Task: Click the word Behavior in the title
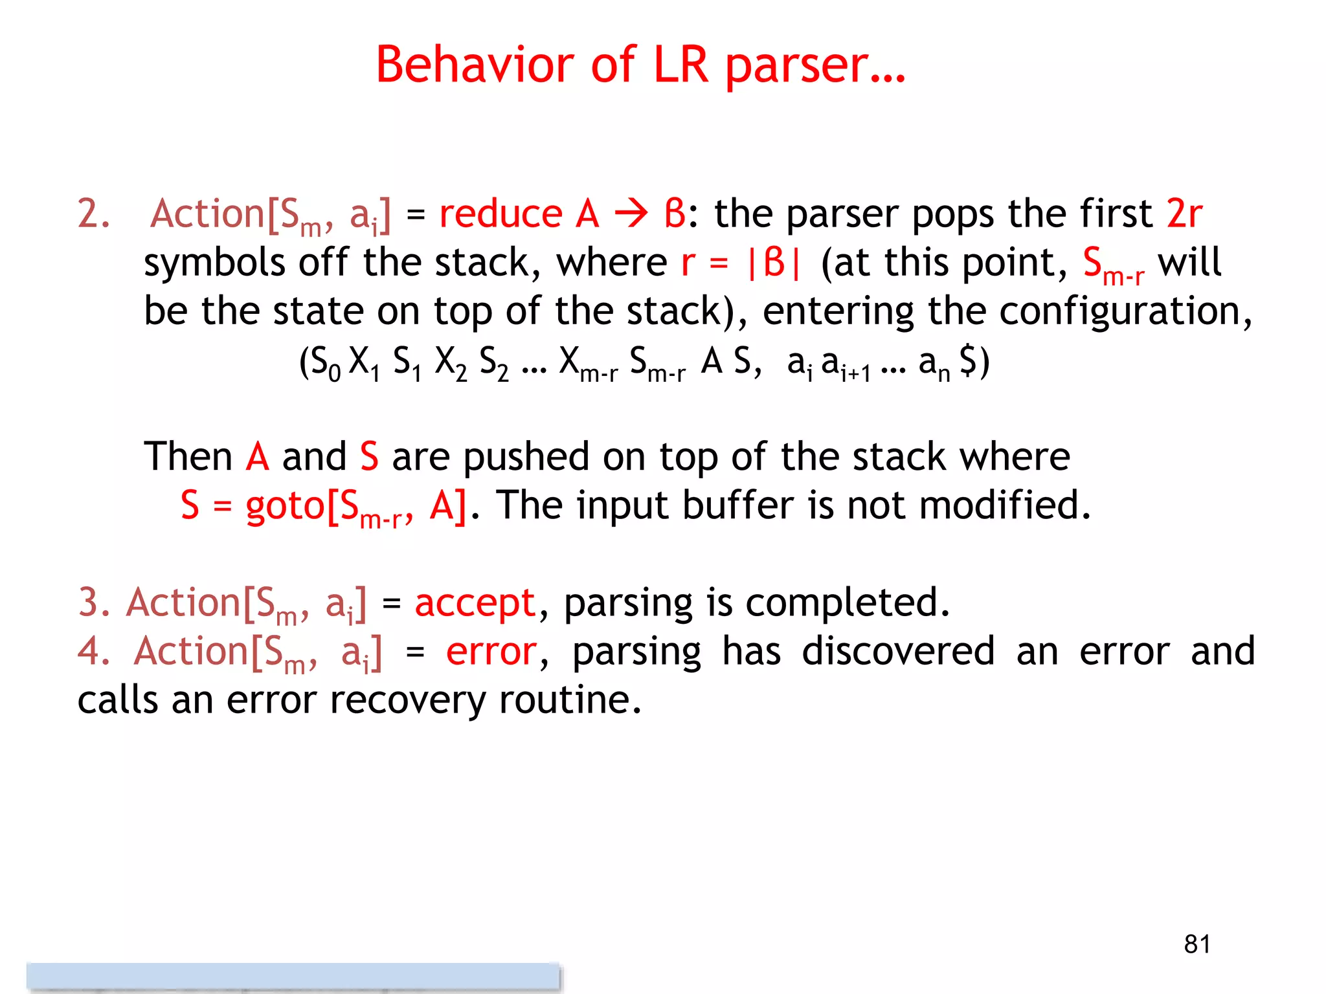pos(475,65)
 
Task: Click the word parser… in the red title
pos(815,65)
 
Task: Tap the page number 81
pos(1197,944)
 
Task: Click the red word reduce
pos(500,214)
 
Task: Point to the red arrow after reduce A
pos(631,214)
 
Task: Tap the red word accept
pos(475,604)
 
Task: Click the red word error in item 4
pos(491,652)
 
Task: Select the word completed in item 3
pos(847,602)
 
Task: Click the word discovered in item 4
pos(898,651)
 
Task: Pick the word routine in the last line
pos(570,700)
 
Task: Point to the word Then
pos(188,457)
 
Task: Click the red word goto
pos(285,506)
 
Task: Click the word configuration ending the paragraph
pos(1123,311)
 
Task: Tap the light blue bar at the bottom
pos(293,976)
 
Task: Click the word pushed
pos(526,457)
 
